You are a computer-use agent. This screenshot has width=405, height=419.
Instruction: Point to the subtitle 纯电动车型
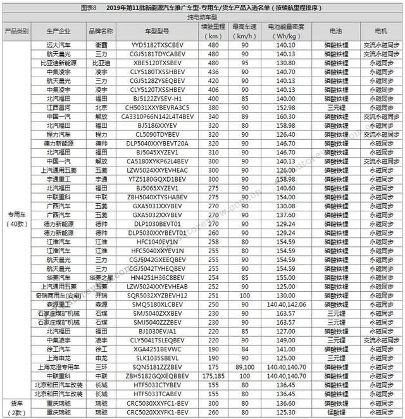(202, 20)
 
